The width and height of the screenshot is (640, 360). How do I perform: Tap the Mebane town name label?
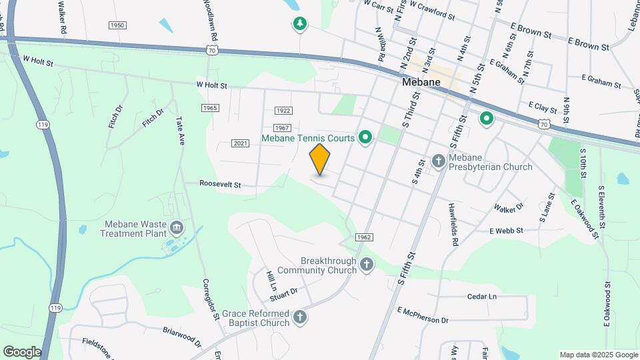pos(423,83)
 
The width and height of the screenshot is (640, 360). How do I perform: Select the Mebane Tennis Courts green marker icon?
pos(365,139)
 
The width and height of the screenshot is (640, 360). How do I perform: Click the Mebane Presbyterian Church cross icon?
pos(438,161)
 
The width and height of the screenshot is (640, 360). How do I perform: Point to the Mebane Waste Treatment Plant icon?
pos(176,228)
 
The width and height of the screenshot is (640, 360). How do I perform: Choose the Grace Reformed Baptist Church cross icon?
pos(300,317)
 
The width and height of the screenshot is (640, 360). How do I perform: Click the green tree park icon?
pos(300,25)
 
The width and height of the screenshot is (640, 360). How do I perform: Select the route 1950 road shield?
pos(117,25)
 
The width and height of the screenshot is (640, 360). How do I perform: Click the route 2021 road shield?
pos(241,143)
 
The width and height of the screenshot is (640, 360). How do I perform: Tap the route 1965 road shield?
pos(209,108)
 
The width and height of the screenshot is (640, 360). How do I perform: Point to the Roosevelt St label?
pos(220,184)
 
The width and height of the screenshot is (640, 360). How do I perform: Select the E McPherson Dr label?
pos(423,315)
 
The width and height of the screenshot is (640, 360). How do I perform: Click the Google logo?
pos(22,351)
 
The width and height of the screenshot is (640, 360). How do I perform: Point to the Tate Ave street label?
pos(180,131)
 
